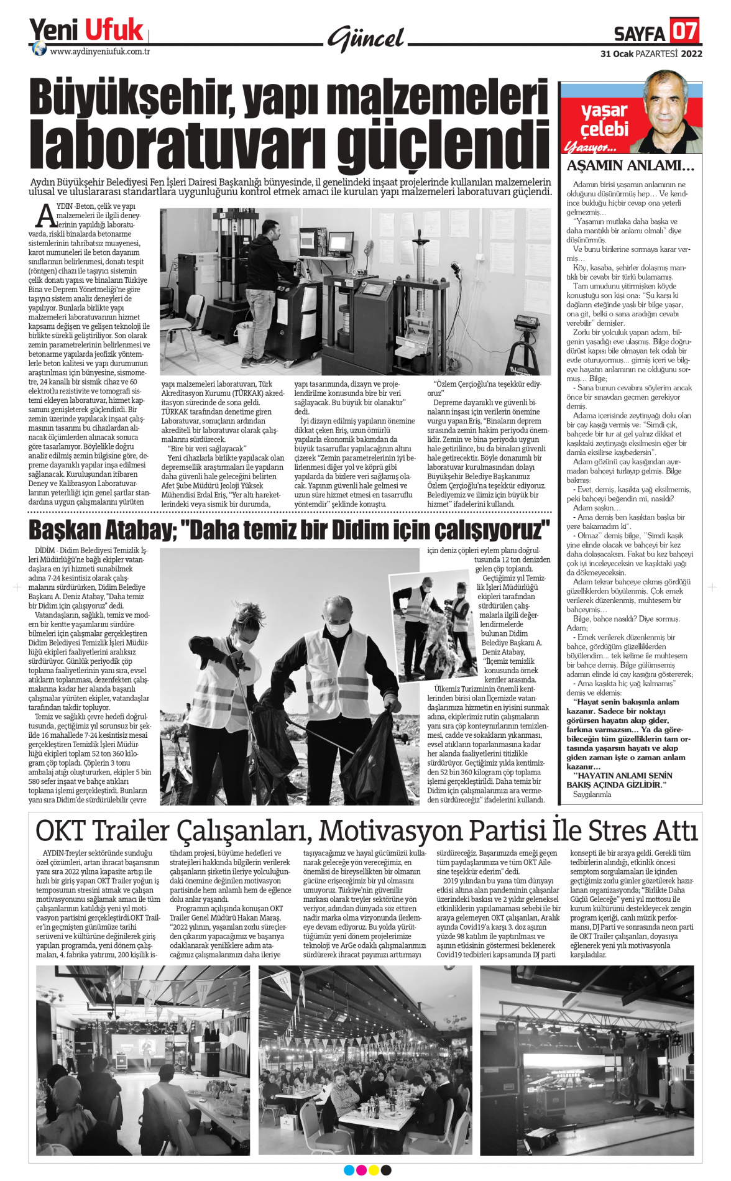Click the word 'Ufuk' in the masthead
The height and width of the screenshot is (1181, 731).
click(x=114, y=30)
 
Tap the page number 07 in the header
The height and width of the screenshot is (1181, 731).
click(x=684, y=30)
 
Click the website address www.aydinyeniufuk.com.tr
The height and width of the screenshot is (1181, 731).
click(x=99, y=52)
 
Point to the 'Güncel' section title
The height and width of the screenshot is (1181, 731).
click(x=366, y=39)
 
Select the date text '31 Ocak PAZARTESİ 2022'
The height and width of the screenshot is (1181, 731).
click(x=651, y=53)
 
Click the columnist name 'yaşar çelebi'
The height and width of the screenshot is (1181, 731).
click(x=604, y=120)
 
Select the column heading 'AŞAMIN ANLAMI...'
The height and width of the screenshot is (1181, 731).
click(x=630, y=166)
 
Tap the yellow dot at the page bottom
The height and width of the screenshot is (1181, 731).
click(x=374, y=1170)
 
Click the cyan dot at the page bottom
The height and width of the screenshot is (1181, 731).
click(x=349, y=1170)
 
